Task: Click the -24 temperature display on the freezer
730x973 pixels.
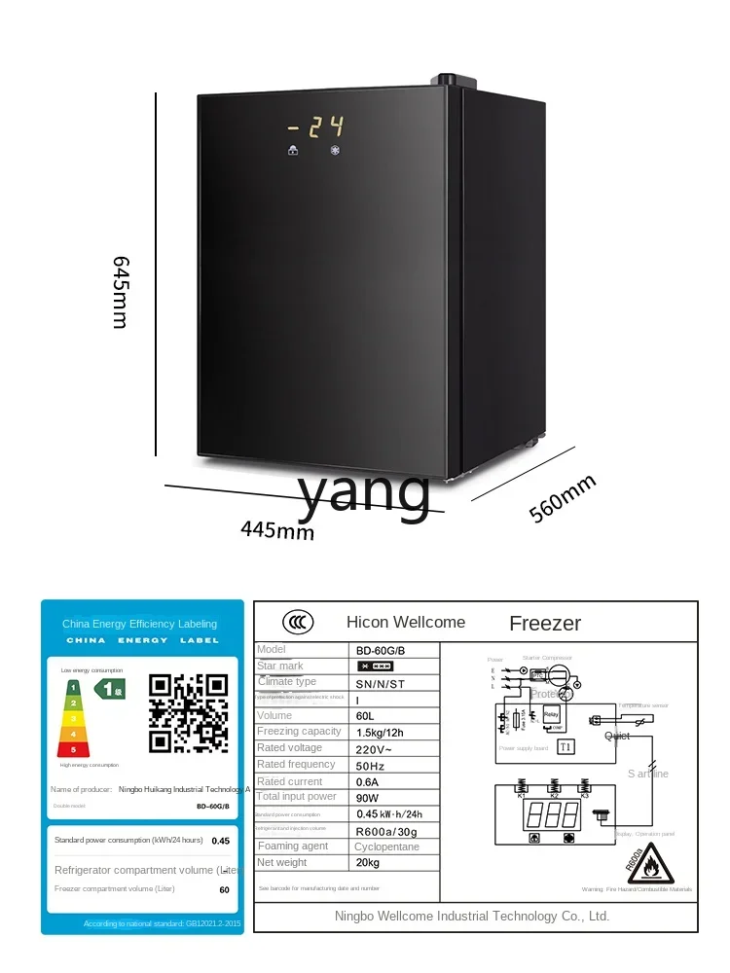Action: pos(315,127)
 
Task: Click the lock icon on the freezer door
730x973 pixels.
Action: pos(293,151)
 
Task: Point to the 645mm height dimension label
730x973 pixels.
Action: pos(120,292)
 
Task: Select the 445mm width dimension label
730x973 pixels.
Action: pos(277,530)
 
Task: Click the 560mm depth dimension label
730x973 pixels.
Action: pos(563,499)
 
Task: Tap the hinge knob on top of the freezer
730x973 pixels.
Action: pos(445,78)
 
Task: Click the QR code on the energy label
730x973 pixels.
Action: pos(188,713)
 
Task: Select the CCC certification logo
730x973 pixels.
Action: pos(298,622)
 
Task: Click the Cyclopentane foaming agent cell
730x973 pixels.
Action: pos(387,847)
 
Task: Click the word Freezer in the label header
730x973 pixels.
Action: pos(545,623)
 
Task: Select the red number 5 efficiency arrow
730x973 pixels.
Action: pos(72,749)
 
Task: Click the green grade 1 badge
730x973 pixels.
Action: pos(109,689)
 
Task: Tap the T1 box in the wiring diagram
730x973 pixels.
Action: pos(566,748)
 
